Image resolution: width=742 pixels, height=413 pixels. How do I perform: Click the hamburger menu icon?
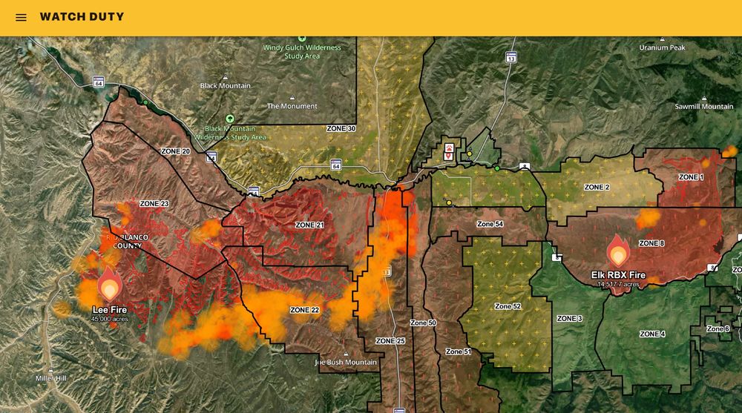tap(21, 17)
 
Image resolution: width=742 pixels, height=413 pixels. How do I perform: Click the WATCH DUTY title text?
tap(82, 17)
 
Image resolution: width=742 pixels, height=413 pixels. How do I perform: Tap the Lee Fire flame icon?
tap(110, 284)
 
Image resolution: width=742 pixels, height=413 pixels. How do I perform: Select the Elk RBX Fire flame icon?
tap(618, 251)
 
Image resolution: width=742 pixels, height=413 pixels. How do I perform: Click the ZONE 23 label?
tap(154, 203)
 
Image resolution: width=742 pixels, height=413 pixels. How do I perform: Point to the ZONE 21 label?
tap(309, 225)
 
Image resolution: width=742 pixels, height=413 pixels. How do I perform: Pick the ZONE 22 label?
tap(304, 310)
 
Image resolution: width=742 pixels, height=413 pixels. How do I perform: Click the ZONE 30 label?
tap(341, 128)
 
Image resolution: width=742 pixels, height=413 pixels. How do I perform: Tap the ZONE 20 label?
tap(175, 151)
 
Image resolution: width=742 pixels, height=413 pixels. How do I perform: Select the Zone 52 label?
tap(508, 306)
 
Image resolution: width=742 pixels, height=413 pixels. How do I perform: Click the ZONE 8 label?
tap(651, 243)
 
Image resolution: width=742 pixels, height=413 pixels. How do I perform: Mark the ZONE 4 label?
tap(652, 334)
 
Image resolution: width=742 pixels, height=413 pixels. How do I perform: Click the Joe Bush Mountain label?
tap(346, 363)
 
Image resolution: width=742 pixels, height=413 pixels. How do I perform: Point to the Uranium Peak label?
tap(663, 47)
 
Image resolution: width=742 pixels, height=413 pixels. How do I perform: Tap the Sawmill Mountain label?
tap(703, 107)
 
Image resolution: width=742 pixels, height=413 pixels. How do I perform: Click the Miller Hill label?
tap(51, 378)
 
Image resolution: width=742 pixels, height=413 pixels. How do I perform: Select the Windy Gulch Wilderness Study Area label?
tap(302, 52)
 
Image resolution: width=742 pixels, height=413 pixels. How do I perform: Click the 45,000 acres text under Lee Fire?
tap(110, 319)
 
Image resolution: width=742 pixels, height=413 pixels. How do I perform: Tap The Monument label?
tap(292, 106)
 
